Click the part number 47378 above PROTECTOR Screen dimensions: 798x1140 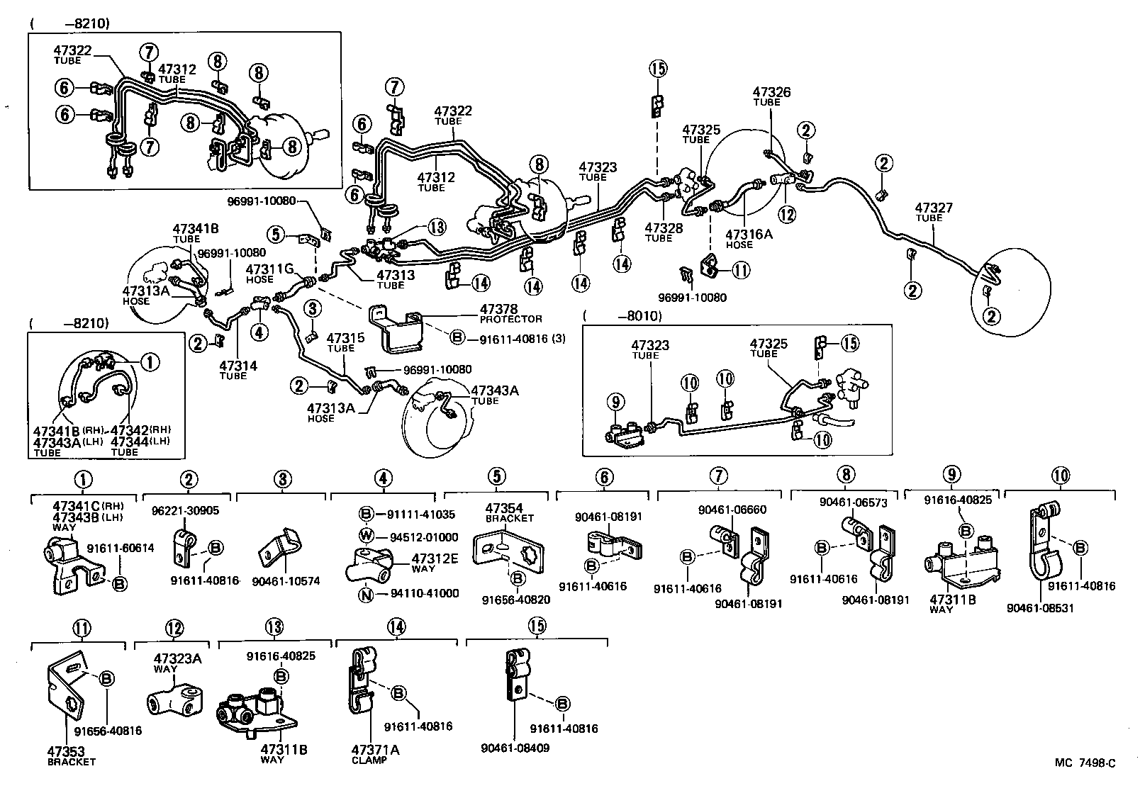(x=498, y=309)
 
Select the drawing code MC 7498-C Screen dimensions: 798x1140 (x=1085, y=763)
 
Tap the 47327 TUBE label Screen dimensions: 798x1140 (x=933, y=212)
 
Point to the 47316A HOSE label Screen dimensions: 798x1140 (x=748, y=238)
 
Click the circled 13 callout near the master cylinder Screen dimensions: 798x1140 (x=437, y=227)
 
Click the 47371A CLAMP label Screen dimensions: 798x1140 (x=370, y=755)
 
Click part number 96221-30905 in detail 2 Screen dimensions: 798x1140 (x=185, y=510)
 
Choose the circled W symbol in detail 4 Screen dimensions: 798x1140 (x=366, y=537)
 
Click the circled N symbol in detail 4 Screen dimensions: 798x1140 (x=366, y=594)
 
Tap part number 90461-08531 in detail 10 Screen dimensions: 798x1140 (x=1034, y=607)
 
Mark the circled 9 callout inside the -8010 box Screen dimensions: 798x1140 (x=616, y=403)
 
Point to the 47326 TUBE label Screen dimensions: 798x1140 (x=771, y=96)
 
